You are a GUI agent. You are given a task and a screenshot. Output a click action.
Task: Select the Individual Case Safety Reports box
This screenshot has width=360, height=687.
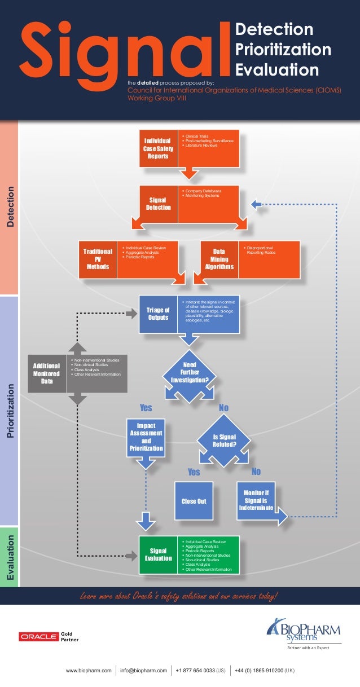click(158, 148)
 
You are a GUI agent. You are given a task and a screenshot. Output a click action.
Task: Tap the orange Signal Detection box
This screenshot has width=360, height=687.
click(159, 204)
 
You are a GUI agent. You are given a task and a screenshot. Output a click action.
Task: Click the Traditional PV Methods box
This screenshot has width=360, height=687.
click(98, 259)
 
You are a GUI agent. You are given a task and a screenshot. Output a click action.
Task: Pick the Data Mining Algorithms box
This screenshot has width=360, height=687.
click(219, 259)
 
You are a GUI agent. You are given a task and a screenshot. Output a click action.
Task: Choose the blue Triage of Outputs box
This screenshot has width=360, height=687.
click(158, 314)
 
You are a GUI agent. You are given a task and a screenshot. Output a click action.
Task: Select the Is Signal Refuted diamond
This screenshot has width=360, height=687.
click(224, 441)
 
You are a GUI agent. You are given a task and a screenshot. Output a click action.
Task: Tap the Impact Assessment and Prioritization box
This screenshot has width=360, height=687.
click(146, 437)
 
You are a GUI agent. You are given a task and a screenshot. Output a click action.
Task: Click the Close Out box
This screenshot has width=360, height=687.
click(194, 501)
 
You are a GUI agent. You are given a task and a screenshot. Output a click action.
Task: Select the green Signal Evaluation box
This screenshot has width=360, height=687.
click(158, 554)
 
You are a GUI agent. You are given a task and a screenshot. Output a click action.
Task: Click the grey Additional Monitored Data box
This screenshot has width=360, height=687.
click(47, 373)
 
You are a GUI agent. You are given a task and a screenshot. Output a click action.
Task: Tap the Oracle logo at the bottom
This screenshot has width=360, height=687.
click(39, 637)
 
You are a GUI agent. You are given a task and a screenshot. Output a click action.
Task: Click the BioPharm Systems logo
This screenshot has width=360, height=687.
click(304, 632)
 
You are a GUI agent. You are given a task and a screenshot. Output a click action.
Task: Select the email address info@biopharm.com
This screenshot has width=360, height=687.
click(143, 671)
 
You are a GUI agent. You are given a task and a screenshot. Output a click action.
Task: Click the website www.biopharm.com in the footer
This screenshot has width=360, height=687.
click(87, 671)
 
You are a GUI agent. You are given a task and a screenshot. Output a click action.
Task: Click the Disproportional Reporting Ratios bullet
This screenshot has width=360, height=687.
click(261, 250)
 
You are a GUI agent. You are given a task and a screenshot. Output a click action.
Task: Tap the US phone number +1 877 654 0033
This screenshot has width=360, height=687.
click(201, 671)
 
